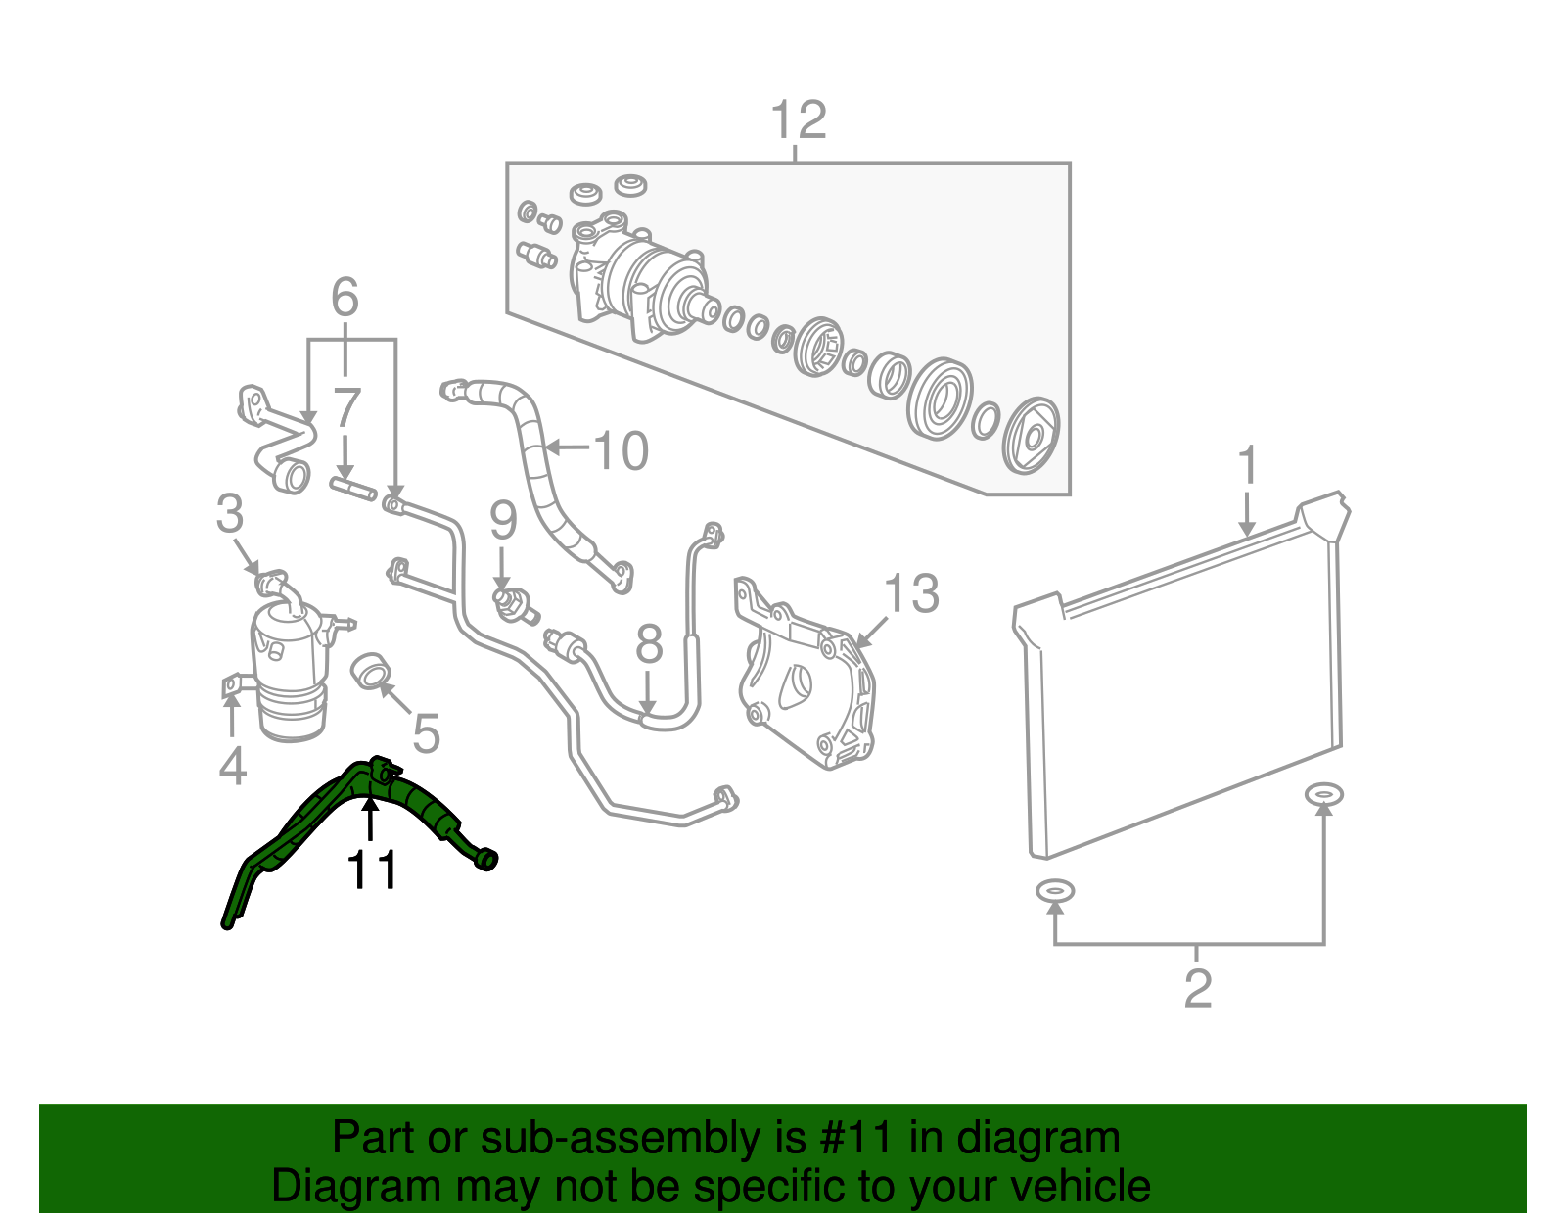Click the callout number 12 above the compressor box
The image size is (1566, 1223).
[x=799, y=120]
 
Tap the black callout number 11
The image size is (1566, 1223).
[x=373, y=870]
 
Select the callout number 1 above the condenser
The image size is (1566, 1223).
[x=1247, y=467]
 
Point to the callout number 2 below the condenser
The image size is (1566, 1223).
[x=1198, y=989]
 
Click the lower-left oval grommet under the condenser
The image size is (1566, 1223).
[x=1055, y=891]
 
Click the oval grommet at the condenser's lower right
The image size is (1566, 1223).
[x=1323, y=794]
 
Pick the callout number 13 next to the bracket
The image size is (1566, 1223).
[x=911, y=594]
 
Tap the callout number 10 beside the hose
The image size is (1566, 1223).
[x=621, y=451]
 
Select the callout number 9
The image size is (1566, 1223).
[x=503, y=521]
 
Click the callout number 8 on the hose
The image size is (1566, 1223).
[x=649, y=645]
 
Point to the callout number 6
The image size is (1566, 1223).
[x=345, y=298]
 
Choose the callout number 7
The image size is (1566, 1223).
[x=346, y=409]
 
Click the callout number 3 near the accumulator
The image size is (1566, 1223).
[x=230, y=514]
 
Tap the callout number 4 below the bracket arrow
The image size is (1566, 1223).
[x=232, y=767]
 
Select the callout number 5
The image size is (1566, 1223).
[x=426, y=733]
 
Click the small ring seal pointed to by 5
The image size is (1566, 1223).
[x=371, y=672]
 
